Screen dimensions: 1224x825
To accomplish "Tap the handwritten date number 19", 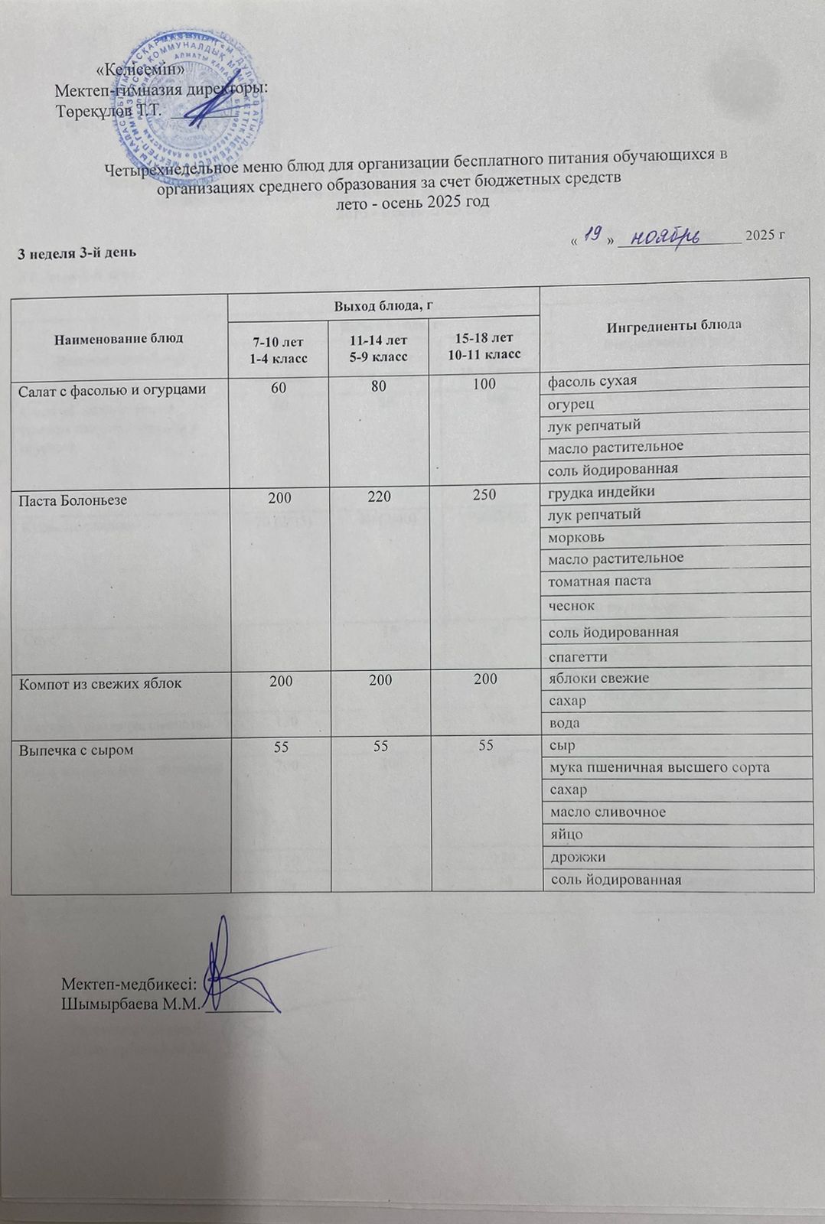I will coord(589,235).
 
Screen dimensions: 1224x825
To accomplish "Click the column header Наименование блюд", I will coord(119,338).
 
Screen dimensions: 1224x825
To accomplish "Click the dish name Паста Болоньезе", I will coord(73,500).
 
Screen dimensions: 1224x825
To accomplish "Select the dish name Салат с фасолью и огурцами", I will coord(112,389).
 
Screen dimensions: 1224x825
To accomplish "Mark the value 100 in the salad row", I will coord(484,385).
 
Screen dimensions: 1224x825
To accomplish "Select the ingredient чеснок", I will coord(571,606).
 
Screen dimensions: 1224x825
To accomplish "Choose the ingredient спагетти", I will coord(577,656).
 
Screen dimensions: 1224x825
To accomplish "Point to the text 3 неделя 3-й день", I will coord(77,252).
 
